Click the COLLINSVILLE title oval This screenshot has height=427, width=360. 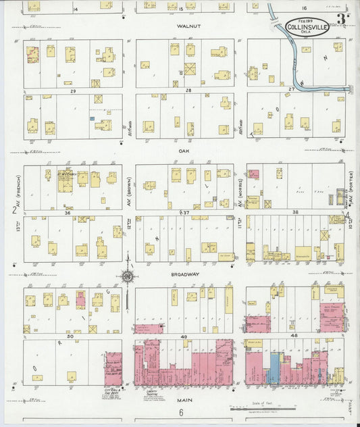pyautogui.click(x=307, y=26)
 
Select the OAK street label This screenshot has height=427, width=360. pyautogui.click(x=182, y=151)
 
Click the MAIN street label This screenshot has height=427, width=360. pyautogui.click(x=181, y=399)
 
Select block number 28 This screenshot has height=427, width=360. pyautogui.click(x=189, y=89)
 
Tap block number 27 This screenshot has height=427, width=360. pyautogui.click(x=292, y=89)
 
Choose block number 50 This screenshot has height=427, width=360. pyautogui.click(x=69, y=335)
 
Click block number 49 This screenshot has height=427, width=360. pyautogui.click(x=183, y=335)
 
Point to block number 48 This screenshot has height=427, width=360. pyautogui.click(x=294, y=335)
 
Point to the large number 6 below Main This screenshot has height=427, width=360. pyautogui.click(x=181, y=413)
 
